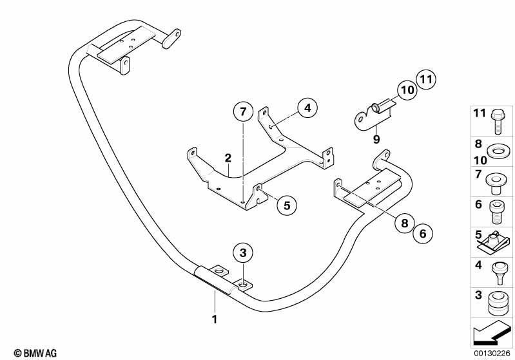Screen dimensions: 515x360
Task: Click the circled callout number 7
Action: (243, 112)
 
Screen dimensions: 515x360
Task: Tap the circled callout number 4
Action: (307, 108)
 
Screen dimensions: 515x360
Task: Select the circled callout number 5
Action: (287, 205)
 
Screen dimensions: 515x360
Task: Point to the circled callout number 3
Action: (243, 253)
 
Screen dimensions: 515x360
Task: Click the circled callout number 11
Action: (426, 79)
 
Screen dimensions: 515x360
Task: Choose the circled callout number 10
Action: (407, 90)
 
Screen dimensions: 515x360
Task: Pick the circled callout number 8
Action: (405, 223)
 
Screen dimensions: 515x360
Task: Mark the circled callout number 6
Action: (423, 233)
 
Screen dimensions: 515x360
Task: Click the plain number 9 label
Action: (376, 139)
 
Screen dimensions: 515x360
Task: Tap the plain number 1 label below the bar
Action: (215, 319)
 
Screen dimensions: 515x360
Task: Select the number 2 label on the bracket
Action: (228, 158)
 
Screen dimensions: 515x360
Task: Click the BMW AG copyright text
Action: (35, 353)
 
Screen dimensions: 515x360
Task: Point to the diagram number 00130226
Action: (492, 353)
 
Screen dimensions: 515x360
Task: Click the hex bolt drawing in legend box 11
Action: (496, 122)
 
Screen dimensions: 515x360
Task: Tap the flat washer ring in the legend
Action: (497, 151)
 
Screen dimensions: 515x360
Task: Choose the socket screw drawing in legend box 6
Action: (497, 212)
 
